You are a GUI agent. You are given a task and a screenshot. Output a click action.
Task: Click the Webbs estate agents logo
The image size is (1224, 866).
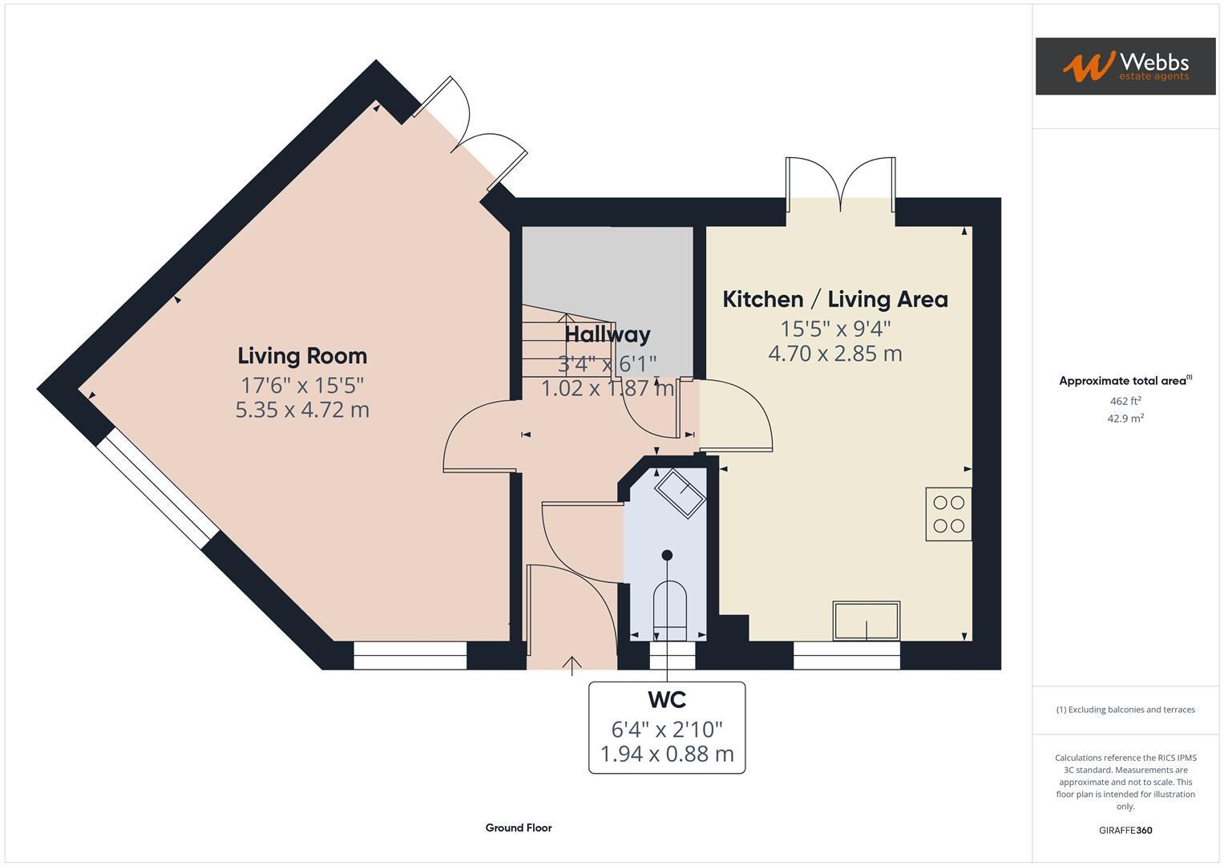pos(1125,66)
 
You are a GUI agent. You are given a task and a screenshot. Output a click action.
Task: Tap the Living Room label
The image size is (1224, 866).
pos(302,356)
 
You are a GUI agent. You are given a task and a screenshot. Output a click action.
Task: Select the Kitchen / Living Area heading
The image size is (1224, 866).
pos(834,299)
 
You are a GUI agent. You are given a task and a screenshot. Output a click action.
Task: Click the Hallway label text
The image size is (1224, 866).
pos(607,334)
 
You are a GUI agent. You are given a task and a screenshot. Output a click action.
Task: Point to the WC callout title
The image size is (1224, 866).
pos(666,700)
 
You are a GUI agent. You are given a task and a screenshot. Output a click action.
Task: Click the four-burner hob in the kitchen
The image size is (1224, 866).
pos(948,514)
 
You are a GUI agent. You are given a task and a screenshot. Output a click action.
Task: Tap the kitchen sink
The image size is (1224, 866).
pos(866,621)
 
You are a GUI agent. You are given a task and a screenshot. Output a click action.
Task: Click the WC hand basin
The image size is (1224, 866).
pos(681,492)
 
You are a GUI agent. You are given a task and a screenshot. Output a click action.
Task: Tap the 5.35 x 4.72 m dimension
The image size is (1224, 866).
pos(302,410)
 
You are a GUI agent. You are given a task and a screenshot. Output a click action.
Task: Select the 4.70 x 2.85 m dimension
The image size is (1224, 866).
pos(834,354)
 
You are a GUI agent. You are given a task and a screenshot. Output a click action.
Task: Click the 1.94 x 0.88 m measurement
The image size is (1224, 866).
pos(666,754)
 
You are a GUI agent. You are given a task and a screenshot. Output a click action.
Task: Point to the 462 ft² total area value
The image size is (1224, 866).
pos(1125,401)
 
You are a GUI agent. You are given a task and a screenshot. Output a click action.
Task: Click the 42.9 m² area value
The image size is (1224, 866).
pos(1125,419)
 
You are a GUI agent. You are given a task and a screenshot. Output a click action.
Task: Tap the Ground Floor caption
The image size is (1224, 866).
pos(518,828)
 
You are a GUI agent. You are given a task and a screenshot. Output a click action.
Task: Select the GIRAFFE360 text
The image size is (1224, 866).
pos(1125,830)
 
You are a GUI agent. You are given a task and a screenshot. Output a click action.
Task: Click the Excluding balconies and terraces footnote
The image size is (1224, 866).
pos(1125,710)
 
